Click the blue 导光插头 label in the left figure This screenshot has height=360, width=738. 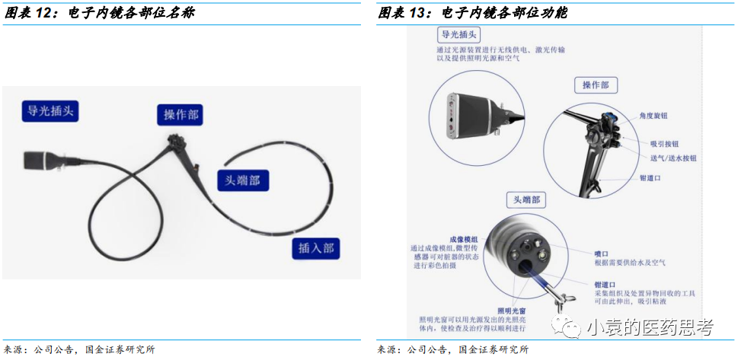(50, 111)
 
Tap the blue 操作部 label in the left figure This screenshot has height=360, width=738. (181, 115)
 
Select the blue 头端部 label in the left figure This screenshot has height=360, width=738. (243, 180)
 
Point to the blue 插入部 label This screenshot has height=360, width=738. (315, 248)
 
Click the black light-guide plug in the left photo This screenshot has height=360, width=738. (38, 161)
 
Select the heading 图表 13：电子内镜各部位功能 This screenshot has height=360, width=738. (472, 13)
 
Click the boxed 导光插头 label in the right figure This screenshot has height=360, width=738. (461, 35)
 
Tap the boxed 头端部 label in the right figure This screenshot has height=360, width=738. (526, 199)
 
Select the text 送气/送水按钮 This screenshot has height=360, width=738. (673, 158)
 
